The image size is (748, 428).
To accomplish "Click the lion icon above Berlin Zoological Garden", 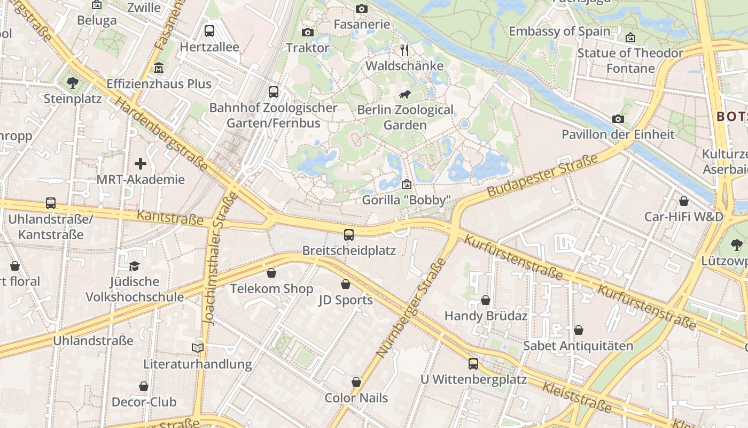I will (x=404, y=95).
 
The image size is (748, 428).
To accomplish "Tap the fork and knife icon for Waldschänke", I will (x=404, y=50).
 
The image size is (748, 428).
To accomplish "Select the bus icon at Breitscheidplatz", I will (x=348, y=234).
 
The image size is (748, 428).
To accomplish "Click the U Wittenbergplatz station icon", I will (x=473, y=364).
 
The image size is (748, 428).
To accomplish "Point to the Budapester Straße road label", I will (x=543, y=175).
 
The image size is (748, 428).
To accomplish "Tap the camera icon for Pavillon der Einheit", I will (x=618, y=119).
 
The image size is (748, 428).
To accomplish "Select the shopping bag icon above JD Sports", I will (x=346, y=284).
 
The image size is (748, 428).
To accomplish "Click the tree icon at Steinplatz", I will (x=72, y=83).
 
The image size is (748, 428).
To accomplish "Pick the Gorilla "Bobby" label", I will (x=406, y=200).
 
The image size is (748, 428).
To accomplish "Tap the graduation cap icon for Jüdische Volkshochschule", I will (x=135, y=266).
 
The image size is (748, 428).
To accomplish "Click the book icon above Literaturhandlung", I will (x=197, y=348).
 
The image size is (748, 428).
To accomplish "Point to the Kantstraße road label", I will (x=170, y=217).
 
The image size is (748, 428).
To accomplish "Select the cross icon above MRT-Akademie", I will (x=141, y=164).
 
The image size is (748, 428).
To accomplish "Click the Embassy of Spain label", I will (x=559, y=31).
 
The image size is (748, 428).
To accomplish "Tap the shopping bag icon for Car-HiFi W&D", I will (x=683, y=201).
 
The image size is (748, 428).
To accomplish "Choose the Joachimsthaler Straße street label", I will (x=217, y=259).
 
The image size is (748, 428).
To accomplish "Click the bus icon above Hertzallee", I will (x=209, y=31).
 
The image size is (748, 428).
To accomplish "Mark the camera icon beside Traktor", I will (x=307, y=33).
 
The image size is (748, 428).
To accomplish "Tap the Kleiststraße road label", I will (x=576, y=397).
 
